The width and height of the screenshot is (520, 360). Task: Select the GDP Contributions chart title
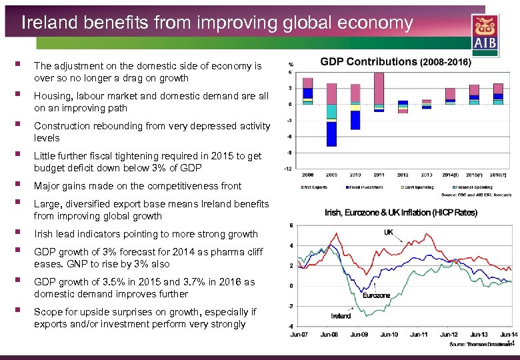click(395, 62)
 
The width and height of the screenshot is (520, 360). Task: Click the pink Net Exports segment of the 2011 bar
click(379, 88)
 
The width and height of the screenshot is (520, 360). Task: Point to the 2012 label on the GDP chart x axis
click(403, 175)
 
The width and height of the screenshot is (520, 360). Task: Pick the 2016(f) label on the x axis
click(498, 175)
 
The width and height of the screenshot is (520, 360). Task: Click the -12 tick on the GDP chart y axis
click(288, 169)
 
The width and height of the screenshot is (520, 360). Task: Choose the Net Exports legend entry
click(317, 187)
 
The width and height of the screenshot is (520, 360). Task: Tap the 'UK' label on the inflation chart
click(389, 232)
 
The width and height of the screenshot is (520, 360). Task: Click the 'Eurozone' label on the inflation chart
click(376, 295)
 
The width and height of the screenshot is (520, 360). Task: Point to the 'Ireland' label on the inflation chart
click(341, 315)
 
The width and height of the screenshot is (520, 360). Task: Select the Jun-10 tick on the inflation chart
click(389, 334)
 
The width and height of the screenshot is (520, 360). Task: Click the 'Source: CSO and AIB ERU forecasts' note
click(476, 195)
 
